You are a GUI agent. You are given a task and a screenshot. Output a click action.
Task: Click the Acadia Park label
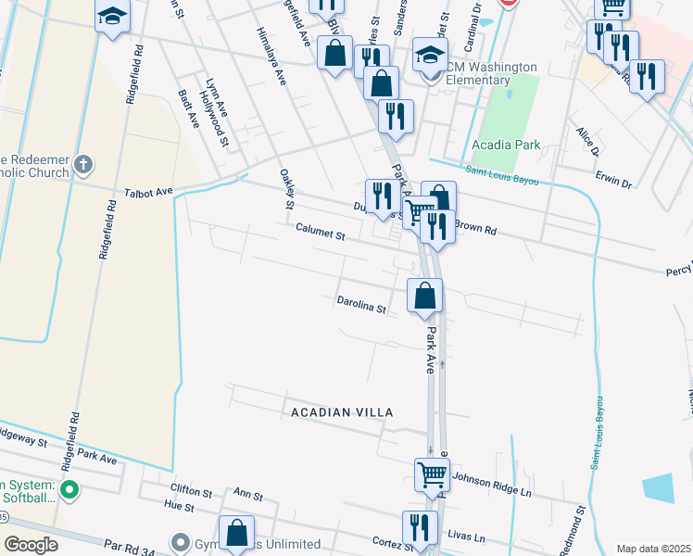pyautogui.click(x=506, y=145)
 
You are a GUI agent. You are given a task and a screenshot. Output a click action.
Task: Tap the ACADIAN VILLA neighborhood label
pyautogui.click(x=342, y=411)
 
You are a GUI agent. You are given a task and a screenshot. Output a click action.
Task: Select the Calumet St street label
pyautogui.click(x=320, y=232)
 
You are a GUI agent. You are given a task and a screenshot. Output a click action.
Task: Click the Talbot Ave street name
pyautogui.click(x=149, y=193)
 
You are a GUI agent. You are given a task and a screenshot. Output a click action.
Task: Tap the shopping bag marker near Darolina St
pyautogui.click(x=424, y=297)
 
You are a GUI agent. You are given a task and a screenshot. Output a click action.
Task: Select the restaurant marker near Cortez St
pyautogui.click(x=420, y=527)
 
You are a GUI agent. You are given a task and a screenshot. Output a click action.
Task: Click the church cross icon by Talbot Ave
pyautogui.click(x=83, y=166)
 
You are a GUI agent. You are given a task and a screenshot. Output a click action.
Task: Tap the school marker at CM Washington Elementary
pyautogui.click(x=431, y=55)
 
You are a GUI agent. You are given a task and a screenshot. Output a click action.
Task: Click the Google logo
pyautogui.click(x=31, y=545)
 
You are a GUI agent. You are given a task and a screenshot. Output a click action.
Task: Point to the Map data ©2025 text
pyautogui.click(x=652, y=549)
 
